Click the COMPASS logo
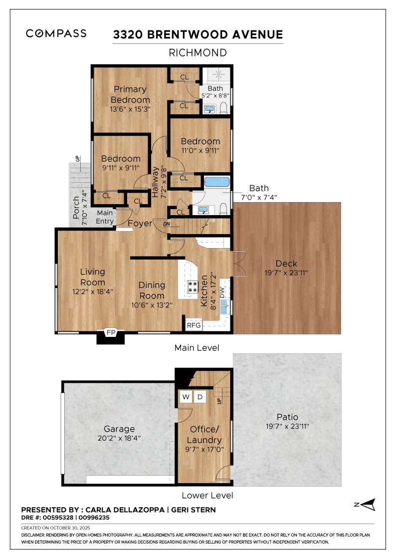click(56, 33)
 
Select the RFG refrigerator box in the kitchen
click(194, 325)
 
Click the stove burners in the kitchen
click(193, 287)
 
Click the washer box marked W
click(186, 397)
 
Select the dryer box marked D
click(199, 397)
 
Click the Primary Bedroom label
click(130, 94)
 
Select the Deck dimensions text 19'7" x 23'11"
click(286, 273)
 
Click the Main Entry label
click(105, 218)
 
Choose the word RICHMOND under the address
click(197, 52)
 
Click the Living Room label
click(93, 277)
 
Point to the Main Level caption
click(197, 347)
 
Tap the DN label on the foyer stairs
click(166, 224)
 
